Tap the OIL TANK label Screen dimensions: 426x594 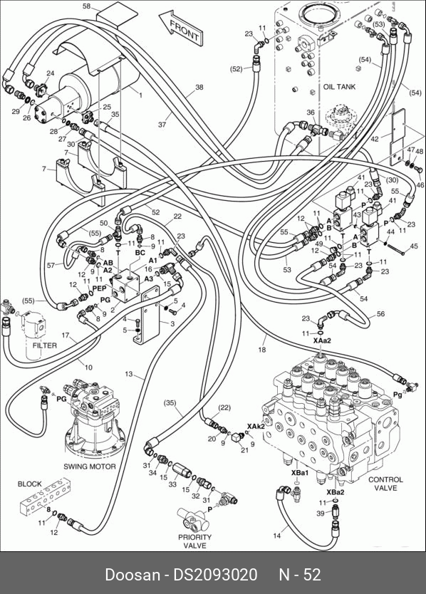click(339, 87)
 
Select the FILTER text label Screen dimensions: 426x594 click(45, 345)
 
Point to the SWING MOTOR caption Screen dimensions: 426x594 click(90, 467)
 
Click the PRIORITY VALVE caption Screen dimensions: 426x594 click(194, 541)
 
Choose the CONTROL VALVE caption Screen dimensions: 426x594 click(385, 484)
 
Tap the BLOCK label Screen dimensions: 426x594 click(29, 484)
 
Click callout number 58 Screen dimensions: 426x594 click(87, 6)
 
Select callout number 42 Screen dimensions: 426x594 click(375, 139)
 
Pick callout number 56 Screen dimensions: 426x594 click(381, 313)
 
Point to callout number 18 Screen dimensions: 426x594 click(262, 350)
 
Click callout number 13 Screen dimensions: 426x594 click(129, 375)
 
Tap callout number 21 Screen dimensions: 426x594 click(244, 449)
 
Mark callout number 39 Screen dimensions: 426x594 click(321, 513)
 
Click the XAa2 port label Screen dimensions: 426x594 click(322, 340)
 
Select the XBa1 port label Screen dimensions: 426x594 click(300, 473)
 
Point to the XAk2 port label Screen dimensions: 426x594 click(256, 427)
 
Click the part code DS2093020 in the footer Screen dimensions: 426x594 click(215, 575)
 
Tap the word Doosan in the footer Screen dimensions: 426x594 click(133, 575)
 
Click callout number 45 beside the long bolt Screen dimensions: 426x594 click(414, 246)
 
